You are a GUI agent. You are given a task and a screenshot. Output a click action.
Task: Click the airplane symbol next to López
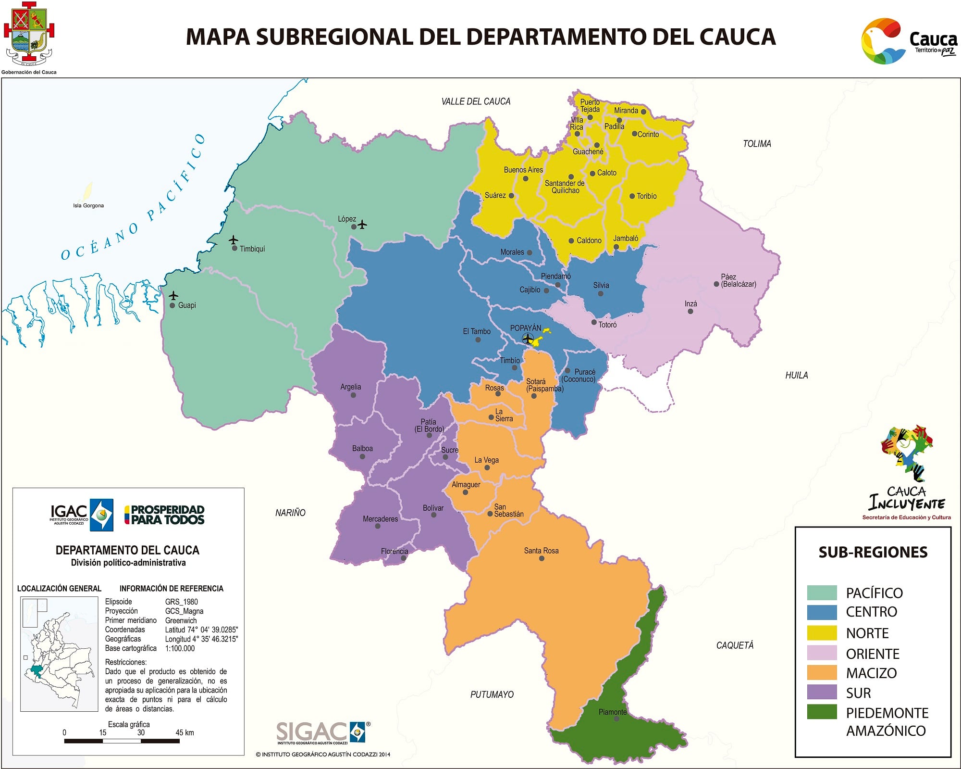(x=362, y=225)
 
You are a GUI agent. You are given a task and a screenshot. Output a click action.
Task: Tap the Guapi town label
(x=186, y=305)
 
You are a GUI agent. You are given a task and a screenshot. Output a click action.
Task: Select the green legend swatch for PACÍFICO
(x=822, y=593)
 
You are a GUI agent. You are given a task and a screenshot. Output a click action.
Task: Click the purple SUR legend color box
(x=822, y=692)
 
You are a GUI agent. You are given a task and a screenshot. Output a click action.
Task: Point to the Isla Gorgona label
(x=88, y=205)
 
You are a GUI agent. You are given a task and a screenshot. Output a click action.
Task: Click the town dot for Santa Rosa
(x=542, y=558)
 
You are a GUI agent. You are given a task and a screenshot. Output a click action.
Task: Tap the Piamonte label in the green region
(x=612, y=712)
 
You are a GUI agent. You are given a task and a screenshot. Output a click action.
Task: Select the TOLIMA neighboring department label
(x=757, y=144)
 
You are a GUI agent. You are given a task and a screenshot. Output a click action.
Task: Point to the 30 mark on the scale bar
(x=141, y=733)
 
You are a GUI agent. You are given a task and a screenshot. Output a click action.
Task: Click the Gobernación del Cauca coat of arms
(x=29, y=34)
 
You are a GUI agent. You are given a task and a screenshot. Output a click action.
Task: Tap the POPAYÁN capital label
(x=525, y=328)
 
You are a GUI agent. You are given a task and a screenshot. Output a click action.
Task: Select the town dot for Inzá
(x=690, y=312)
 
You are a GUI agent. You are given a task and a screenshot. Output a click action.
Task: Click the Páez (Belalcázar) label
(x=738, y=280)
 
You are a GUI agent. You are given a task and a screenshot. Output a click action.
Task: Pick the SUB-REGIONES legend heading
(x=873, y=552)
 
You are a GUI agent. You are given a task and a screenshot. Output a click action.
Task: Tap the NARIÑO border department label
(x=290, y=513)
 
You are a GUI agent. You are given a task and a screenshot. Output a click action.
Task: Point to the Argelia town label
(x=350, y=387)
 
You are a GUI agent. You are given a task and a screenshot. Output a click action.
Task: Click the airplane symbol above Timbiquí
(x=234, y=240)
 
